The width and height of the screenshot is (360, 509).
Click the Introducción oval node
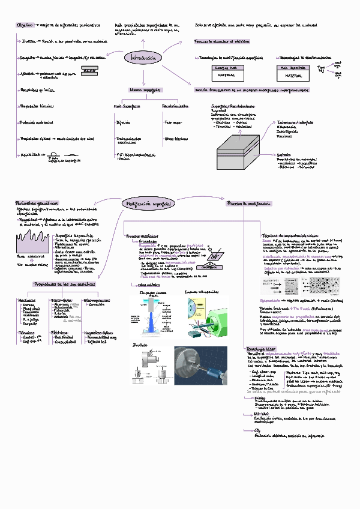pyautogui.click(x=143, y=58)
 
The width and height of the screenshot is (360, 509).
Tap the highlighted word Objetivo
pyautogui.click(x=25, y=25)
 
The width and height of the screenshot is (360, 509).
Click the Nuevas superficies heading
pyautogui.click(x=145, y=89)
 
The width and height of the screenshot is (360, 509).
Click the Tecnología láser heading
pyautogui.click(x=260, y=349)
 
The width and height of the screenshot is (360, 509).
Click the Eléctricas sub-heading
pyautogui.click(x=59, y=331)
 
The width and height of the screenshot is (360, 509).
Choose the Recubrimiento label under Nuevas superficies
pyautogui.click(x=175, y=106)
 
